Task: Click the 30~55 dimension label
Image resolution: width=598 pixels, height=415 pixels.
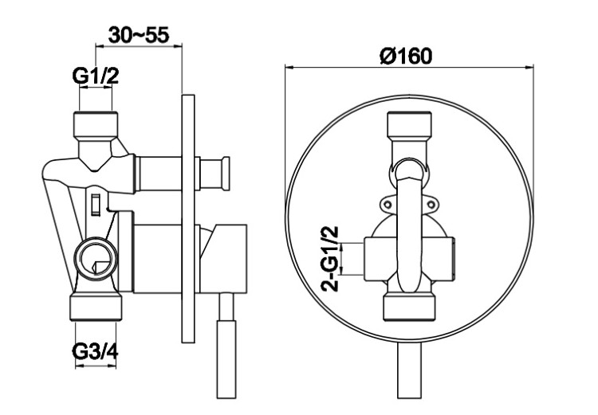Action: [139, 35]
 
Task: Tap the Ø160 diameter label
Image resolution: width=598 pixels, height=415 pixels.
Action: [406, 56]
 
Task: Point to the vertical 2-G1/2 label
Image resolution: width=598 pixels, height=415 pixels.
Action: [330, 259]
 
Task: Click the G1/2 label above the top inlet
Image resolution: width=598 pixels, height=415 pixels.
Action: [96, 76]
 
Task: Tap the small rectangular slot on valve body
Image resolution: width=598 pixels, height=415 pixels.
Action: [96, 204]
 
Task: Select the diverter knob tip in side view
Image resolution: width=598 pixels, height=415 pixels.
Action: [226, 174]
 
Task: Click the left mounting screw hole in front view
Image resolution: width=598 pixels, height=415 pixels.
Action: [388, 204]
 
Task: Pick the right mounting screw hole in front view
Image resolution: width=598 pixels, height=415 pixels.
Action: [431, 204]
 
